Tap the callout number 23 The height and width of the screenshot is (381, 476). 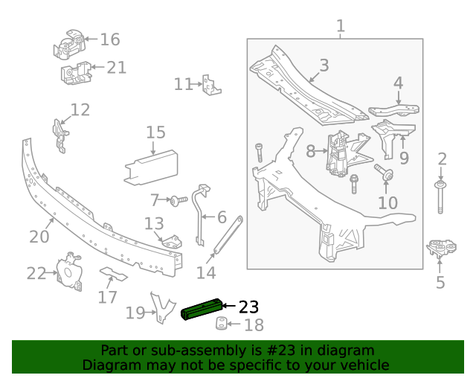tap(248, 307)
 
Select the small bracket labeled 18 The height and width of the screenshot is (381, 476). tap(221, 324)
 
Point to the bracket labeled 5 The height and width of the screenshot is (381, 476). tap(441, 249)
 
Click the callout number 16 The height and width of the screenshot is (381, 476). tap(109, 39)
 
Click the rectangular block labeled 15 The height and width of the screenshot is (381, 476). tap(154, 166)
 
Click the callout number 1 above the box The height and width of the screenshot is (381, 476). tap(341, 27)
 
